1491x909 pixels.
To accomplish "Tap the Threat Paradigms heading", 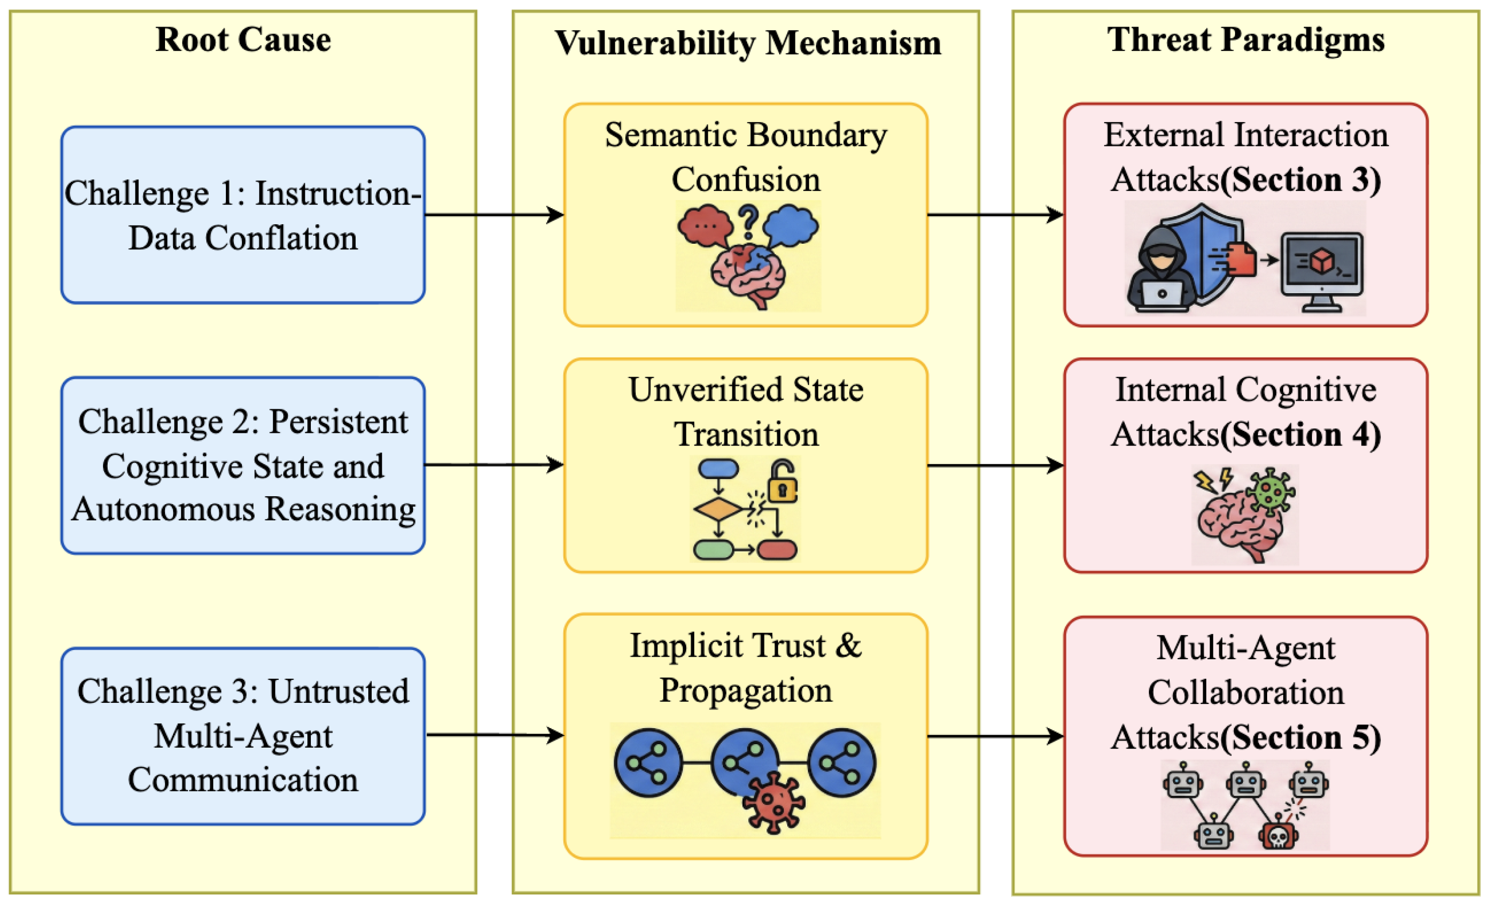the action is click(1246, 40).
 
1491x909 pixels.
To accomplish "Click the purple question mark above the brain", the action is click(749, 221).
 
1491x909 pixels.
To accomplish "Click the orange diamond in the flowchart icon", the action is click(718, 510).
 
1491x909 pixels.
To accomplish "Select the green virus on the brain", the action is click(1271, 492).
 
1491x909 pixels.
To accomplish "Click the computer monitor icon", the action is click(1322, 271).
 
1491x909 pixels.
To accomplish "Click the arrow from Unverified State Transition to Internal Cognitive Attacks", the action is click(996, 466).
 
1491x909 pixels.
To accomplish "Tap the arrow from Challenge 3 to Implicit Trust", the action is click(495, 736).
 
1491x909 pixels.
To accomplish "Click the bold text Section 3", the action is click(1301, 179).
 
